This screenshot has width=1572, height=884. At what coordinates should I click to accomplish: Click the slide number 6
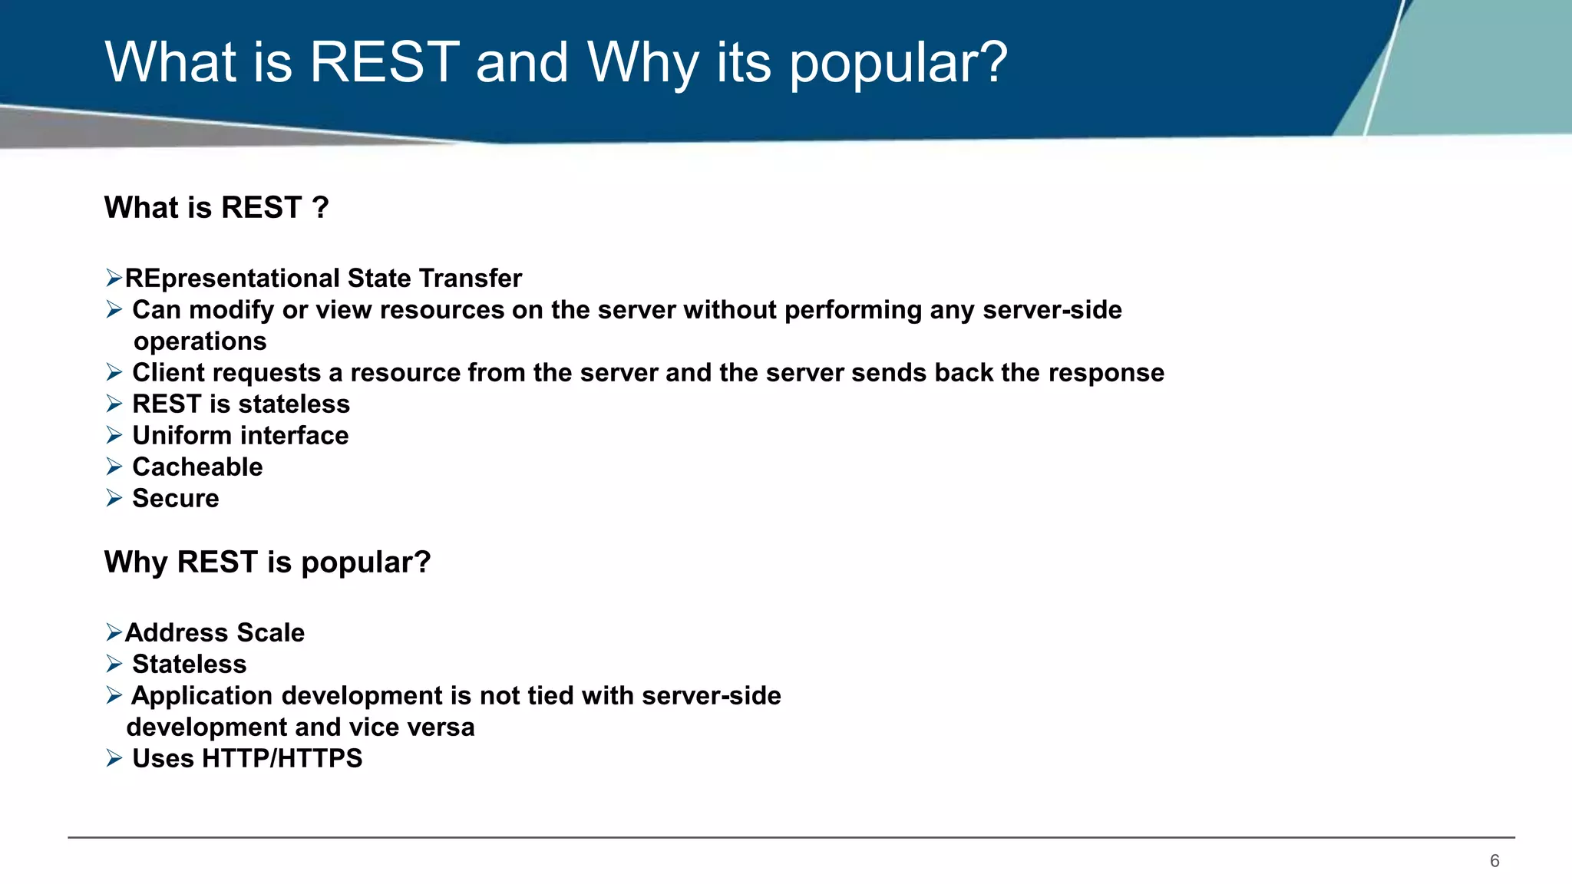(1494, 861)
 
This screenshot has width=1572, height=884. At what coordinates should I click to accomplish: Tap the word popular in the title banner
(898, 63)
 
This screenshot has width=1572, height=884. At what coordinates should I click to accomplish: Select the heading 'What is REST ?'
(216, 208)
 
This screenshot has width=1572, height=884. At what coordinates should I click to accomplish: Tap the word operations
(200, 341)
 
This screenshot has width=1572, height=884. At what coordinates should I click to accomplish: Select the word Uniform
(182, 435)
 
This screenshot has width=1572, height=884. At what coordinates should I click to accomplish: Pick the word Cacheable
(197, 467)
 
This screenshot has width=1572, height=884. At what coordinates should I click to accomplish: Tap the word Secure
(175, 498)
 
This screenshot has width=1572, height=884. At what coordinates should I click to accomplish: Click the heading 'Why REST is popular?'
(267, 562)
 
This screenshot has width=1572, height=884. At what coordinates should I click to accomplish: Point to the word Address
(177, 632)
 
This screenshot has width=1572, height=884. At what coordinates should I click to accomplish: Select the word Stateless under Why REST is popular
(189, 664)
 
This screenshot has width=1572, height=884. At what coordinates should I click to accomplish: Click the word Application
(201, 696)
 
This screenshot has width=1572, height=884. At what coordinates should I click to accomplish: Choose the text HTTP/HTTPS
(282, 758)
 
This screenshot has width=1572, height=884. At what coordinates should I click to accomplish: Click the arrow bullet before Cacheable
(114, 467)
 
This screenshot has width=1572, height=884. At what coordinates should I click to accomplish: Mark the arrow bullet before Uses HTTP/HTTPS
(114, 758)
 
